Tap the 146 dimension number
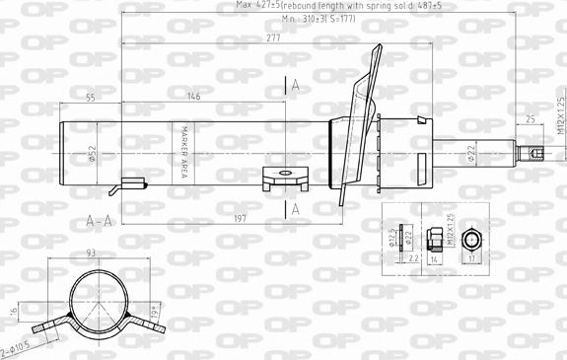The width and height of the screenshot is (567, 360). point(193,97)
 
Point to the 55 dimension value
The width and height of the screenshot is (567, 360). point(90,97)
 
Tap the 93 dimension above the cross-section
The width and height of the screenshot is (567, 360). point(92,254)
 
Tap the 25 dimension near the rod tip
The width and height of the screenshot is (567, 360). point(531,119)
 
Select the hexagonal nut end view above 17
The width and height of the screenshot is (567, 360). point(473,240)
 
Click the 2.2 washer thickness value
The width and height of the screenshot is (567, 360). point(412,257)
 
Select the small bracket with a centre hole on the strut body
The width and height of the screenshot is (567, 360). point(286,179)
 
